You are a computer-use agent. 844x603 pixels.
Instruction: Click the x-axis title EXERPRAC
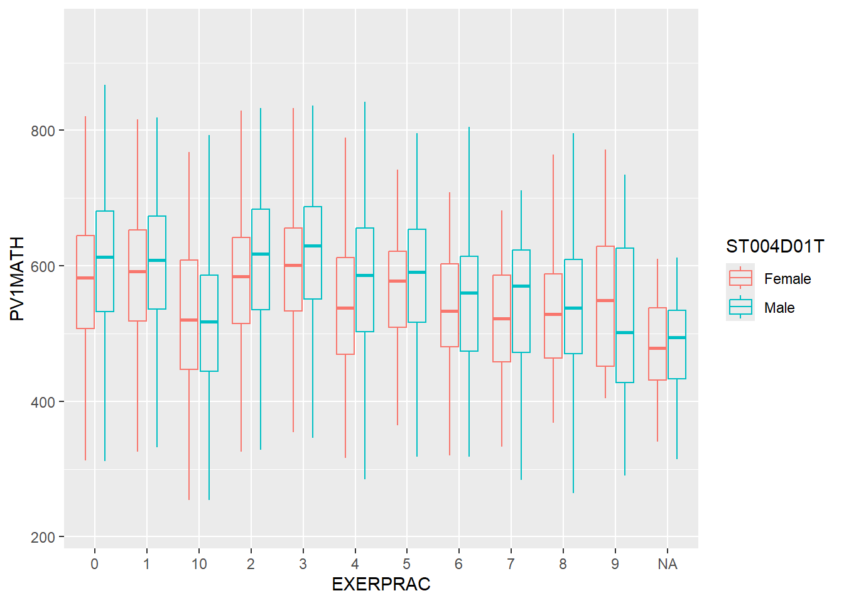coord(381,584)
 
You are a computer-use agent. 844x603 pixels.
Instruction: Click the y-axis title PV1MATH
coord(17,278)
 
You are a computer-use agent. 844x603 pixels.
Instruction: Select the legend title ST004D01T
coord(774,246)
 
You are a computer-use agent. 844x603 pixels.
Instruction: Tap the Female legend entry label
coord(787,279)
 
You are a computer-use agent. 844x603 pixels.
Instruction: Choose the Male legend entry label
coord(779,308)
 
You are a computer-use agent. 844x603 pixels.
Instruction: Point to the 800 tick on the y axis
coord(43,131)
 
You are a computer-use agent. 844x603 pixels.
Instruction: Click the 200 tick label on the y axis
coord(43,538)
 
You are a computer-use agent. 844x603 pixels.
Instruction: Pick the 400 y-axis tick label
coord(43,402)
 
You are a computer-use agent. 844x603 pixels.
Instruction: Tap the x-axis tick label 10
coord(199,564)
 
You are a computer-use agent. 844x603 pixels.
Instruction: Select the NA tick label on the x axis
coord(667,564)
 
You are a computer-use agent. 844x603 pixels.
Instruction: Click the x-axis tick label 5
coord(407,564)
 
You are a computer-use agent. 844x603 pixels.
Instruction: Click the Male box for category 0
coord(105,283)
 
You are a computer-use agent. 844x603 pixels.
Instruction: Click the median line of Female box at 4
coord(345,308)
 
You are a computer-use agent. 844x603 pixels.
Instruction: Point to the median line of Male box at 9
coord(625,332)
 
